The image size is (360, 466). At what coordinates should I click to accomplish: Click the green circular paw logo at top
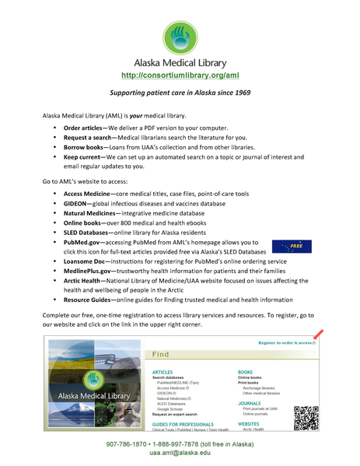[x=180, y=37]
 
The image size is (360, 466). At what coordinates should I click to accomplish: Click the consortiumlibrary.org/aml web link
[x=180, y=75]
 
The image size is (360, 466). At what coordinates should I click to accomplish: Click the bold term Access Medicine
[x=88, y=193]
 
